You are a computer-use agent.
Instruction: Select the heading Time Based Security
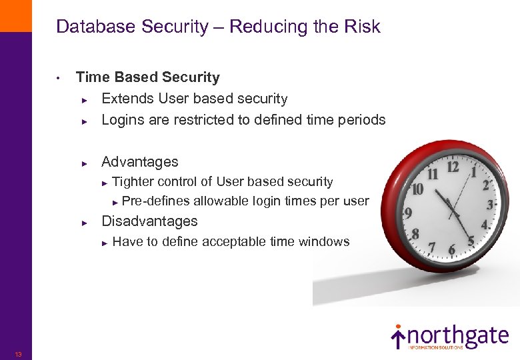pos(147,77)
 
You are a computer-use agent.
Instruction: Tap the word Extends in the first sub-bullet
pos(127,99)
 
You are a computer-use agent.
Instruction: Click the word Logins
pos(123,120)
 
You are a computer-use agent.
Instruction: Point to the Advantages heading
pos(139,161)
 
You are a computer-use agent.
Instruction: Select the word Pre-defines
pos(156,201)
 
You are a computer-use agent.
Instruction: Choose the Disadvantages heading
pos(149,221)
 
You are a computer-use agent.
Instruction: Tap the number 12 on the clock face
pos(453,167)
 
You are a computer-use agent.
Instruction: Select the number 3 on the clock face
pos(490,204)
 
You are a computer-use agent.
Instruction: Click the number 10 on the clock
pos(417,189)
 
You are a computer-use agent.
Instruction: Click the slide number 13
pos(18,354)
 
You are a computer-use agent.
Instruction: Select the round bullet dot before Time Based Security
pos(59,79)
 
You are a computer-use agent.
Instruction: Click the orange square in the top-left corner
pos(15,15)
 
